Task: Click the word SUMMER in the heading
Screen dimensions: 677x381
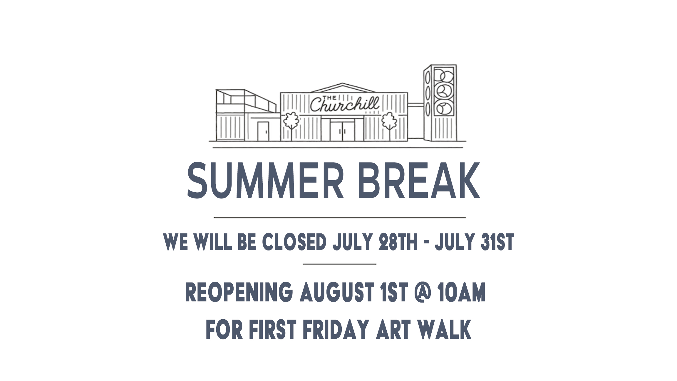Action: pos(266,180)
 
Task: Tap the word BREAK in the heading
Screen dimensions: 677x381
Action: pos(419,180)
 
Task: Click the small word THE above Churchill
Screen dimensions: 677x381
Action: pos(329,98)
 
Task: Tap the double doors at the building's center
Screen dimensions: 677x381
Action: pos(342,131)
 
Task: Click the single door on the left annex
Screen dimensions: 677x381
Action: pos(263,131)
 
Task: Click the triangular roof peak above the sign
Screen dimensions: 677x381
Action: pos(343,88)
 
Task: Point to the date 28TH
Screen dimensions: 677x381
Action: pos(398,242)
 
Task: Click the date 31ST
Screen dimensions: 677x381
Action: pos(497,242)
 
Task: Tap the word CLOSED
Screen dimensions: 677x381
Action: pos(294,242)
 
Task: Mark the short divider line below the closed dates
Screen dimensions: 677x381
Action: pos(340,264)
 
